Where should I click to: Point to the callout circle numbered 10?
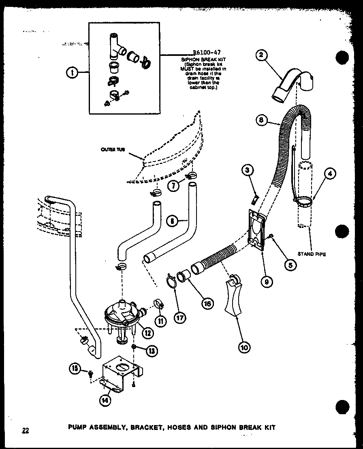coord(244,347)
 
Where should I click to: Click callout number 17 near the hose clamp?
coord(179,318)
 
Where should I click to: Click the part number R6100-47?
coord(207,53)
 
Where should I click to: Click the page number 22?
coord(26,430)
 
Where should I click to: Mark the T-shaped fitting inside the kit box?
coord(115,45)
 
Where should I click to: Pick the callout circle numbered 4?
coord(330,174)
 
